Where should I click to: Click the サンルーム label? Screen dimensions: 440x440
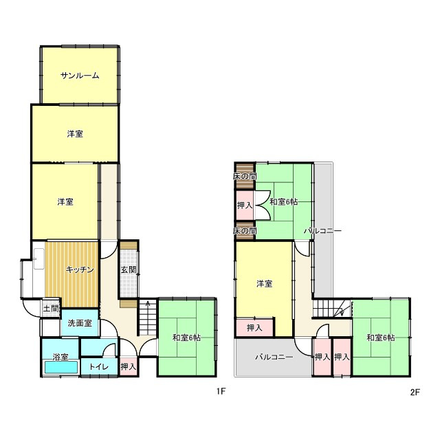(80, 76)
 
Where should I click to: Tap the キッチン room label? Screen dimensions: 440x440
(80, 269)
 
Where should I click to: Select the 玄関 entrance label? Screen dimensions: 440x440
(129, 270)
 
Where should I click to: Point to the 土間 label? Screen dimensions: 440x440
(51, 309)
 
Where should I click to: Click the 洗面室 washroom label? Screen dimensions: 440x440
(80, 323)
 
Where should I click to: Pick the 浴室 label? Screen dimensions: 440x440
(60, 357)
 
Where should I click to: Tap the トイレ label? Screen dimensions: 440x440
(99, 366)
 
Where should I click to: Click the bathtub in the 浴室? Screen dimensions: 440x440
(61, 367)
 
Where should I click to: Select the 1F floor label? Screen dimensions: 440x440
(221, 391)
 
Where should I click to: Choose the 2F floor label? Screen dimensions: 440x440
(415, 392)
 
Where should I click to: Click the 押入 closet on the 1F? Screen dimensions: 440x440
(129, 366)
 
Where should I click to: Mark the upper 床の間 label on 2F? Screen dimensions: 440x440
(245, 176)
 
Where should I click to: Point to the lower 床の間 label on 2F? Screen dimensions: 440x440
(245, 231)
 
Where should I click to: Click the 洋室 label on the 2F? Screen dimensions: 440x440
(264, 284)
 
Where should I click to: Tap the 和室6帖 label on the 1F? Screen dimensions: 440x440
(186, 338)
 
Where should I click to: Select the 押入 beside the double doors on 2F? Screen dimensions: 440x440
(245, 206)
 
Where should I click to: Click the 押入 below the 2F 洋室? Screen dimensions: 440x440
(254, 327)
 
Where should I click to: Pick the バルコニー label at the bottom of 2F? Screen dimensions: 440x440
(274, 357)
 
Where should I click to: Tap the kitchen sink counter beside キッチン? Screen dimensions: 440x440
(39, 259)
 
